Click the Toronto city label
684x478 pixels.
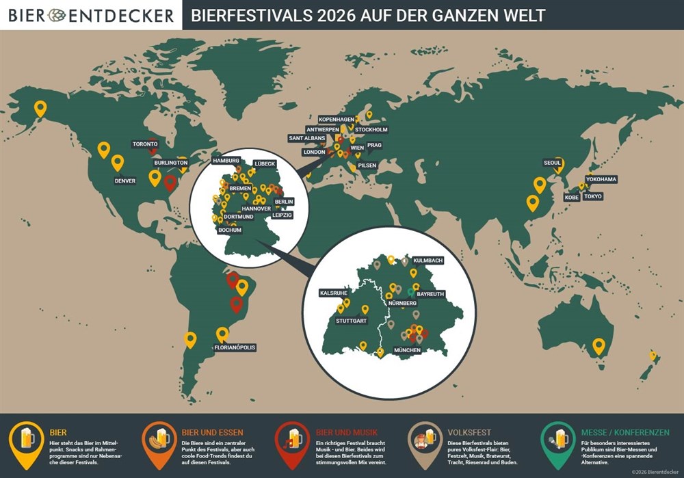pos(145,144)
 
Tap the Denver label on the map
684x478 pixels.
pos(124,181)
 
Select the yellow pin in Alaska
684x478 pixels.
pos(40,108)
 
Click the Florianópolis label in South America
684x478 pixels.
pos(235,347)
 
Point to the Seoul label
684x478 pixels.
pos(552,163)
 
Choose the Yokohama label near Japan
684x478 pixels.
pos(601,179)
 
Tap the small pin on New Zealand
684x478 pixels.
pos(653,356)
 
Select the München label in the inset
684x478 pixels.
pos(407,350)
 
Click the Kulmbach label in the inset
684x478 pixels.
pos(428,261)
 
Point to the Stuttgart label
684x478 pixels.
pos(352,320)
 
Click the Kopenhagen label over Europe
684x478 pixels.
pos(337,120)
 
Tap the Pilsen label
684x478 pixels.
pos(367,165)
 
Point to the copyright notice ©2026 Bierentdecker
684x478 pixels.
pos(655,471)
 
